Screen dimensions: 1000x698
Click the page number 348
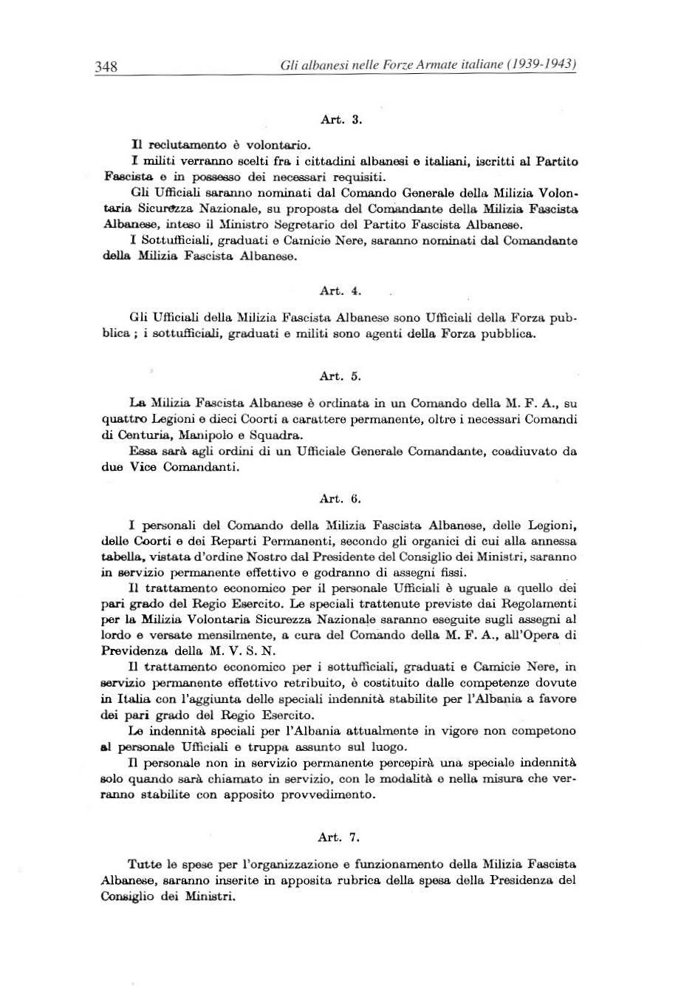(x=106, y=67)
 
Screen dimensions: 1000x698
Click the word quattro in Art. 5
(x=126, y=419)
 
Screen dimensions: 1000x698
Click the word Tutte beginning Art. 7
(x=143, y=864)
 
